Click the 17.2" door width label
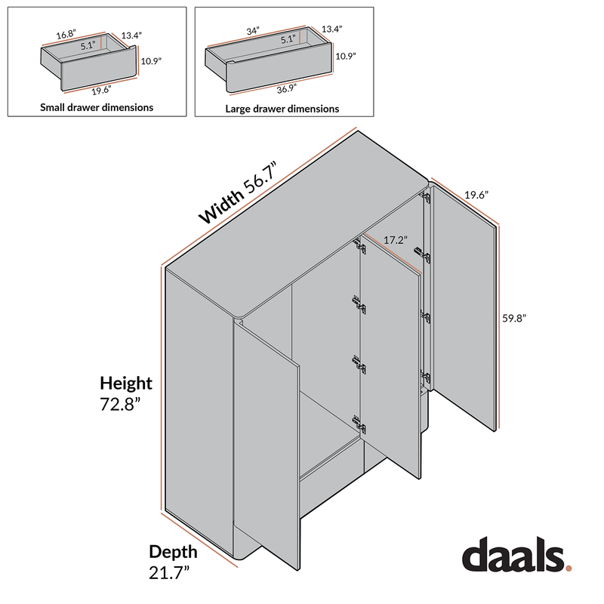click(x=395, y=240)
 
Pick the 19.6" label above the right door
click(x=476, y=195)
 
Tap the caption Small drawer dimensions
click(x=97, y=107)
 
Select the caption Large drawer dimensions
click(x=282, y=109)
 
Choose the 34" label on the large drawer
click(x=252, y=31)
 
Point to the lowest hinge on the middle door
click(x=357, y=423)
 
